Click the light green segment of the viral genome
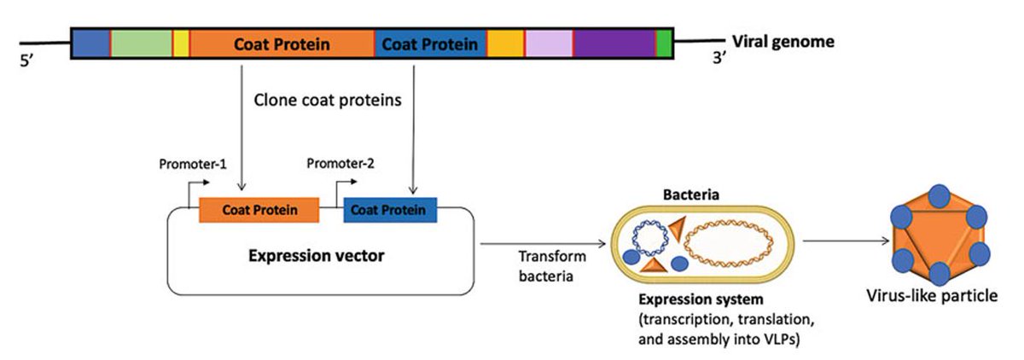141,44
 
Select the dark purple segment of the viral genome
614,44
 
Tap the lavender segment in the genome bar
549,44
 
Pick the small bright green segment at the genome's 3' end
664,44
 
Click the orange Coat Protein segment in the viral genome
282,44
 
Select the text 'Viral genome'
783,41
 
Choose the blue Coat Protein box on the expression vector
390,209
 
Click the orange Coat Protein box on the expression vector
259,209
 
